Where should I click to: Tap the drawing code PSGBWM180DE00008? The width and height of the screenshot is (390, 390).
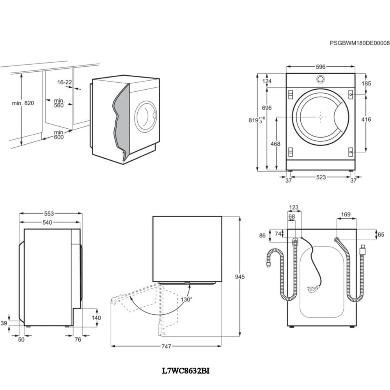coord(359,43)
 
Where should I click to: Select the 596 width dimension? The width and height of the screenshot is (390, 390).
coord(320,67)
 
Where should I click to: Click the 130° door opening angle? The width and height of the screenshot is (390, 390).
coord(186,300)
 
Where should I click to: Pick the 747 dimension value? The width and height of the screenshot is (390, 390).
coord(166,346)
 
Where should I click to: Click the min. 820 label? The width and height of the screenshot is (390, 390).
coord(23,103)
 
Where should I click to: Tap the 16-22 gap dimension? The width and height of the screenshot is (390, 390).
coord(64,82)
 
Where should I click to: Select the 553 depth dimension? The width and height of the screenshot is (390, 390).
coord(49,213)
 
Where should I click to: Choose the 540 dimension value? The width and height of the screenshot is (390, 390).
coord(47,223)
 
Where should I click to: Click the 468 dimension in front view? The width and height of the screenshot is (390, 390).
coord(275,144)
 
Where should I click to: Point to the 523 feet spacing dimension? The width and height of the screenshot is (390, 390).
coord(321,177)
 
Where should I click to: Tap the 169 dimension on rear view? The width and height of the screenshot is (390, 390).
coord(346,214)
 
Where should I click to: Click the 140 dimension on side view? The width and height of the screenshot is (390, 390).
coord(96,317)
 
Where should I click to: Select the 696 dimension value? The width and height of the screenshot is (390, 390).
coord(267,108)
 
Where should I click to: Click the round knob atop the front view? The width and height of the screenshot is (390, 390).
coord(320,79)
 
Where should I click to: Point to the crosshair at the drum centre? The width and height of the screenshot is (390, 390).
coord(320,117)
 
